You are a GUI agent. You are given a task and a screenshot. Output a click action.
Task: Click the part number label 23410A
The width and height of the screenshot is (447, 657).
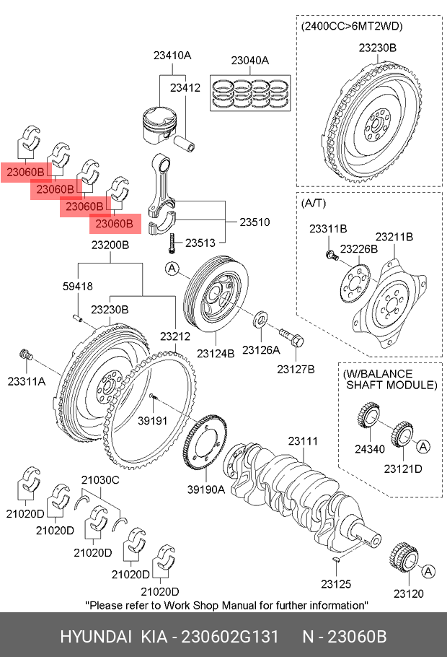(x=172, y=55)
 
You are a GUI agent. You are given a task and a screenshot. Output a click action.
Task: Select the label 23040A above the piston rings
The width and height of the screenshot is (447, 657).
(x=249, y=61)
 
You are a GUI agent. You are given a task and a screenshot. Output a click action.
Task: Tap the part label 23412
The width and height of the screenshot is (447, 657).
(x=185, y=88)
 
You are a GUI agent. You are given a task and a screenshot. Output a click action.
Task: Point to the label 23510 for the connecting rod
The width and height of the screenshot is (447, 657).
(x=255, y=222)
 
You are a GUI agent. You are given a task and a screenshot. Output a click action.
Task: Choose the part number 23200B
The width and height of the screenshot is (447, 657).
(x=110, y=245)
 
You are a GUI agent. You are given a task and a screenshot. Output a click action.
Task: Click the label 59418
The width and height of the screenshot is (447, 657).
(x=77, y=286)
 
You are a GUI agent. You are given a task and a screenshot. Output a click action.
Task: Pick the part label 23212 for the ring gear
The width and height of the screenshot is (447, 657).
(x=174, y=336)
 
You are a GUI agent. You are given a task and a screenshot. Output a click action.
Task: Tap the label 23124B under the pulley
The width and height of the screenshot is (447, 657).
(x=217, y=354)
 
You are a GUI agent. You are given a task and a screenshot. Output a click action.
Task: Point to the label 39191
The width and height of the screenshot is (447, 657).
(x=153, y=421)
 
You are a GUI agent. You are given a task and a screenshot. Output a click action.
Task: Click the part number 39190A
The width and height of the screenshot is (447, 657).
(x=206, y=489)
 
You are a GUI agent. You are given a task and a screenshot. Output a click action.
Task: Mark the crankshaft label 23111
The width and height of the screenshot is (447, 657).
(x=303, y=440)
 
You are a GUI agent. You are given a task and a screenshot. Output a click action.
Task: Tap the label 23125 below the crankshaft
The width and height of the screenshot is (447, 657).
(x=335, y=583)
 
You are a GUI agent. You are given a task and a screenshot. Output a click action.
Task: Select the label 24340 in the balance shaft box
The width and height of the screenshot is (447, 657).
(x=369, y=449)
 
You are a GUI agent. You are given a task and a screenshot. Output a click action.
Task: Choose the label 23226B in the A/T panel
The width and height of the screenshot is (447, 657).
(x=358, y=249)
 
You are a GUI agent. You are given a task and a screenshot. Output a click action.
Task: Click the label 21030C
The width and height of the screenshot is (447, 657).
(x=99, y=480)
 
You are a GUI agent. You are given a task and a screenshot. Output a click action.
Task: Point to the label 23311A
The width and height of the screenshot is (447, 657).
(x=27, y=380)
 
